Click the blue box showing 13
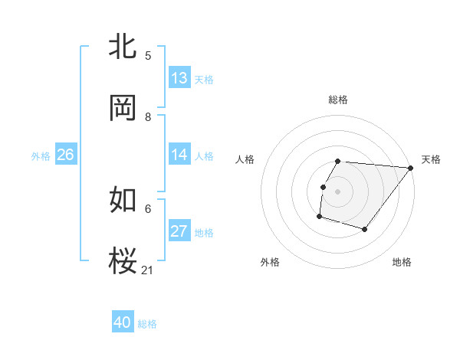179,78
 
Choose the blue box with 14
179,155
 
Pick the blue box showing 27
179,231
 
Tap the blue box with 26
65,155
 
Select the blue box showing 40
122,322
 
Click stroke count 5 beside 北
148,55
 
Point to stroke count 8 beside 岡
148,116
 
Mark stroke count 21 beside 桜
148,270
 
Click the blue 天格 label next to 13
203,79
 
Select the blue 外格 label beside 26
41,155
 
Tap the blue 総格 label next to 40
147,324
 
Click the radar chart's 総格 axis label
337,100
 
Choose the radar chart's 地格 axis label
402,262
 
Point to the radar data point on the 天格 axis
410,168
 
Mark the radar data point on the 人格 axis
323,187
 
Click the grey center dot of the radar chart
337,191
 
